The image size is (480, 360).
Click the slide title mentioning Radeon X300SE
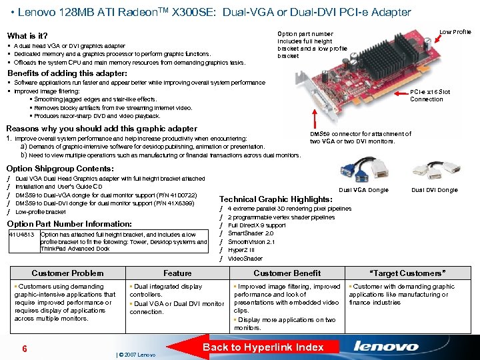(213, 12)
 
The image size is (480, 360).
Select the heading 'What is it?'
(27, 35)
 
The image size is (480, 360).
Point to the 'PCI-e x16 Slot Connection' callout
(429, 95)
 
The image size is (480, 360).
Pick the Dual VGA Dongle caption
(363, 190)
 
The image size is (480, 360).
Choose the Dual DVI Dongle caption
(434, 190)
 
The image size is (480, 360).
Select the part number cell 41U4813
(22, 235)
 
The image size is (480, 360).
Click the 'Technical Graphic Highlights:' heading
(275, 199)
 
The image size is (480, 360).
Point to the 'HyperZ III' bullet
(241, 250)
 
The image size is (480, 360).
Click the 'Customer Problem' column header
(67, 273)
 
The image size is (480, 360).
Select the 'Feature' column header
(177, 273)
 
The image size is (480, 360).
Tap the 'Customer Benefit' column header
(287, 273)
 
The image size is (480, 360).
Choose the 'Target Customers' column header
(407, 273)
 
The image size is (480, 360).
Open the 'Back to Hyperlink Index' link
(263, 347)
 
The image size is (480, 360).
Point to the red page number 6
(24, 349)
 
